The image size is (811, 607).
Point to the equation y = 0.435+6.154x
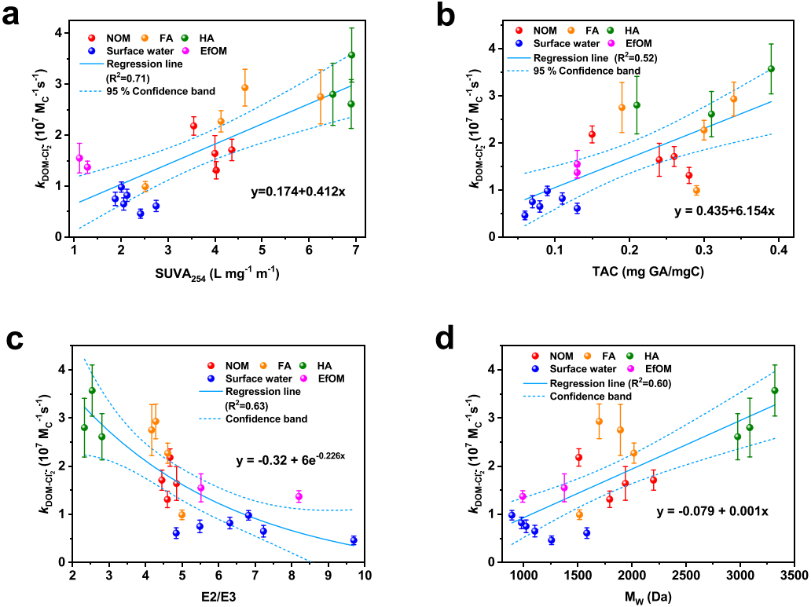tap(724, 212)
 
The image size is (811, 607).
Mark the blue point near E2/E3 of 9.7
tap(354, 540)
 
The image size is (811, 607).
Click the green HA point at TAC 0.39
tap(771, 69)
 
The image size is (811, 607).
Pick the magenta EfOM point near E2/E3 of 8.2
tap(299, 496)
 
